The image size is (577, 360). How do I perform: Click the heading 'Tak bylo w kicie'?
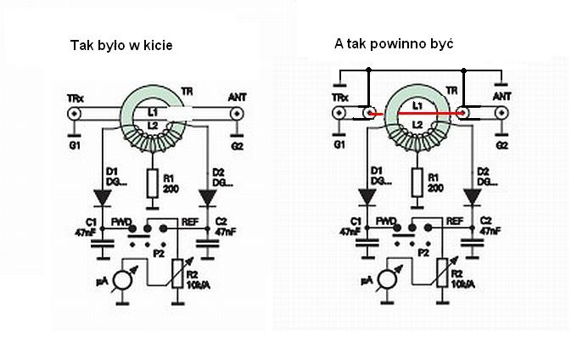click(x=120, y=45)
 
